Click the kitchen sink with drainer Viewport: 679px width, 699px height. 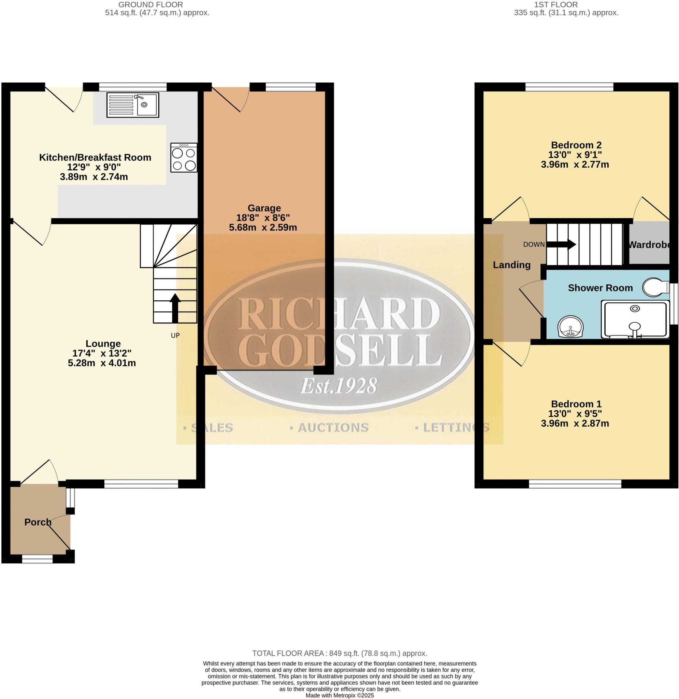coord(132,105)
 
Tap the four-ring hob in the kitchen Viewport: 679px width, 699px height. coord(184,158)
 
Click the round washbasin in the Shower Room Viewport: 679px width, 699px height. coord(570,327)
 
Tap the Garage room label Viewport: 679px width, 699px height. coord(264,208)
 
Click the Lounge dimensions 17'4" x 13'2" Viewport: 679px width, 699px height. coord(102,353)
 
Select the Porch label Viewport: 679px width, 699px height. coord(38,522)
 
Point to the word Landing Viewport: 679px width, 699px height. coord(511,265)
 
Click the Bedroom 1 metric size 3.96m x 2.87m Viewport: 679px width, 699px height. coord(575,423)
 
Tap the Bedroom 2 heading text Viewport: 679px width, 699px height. coord(576,145)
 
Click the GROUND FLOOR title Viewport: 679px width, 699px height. coord(150,5)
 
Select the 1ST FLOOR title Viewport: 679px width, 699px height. coord(566,5)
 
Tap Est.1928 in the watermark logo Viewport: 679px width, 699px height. coord(338,386)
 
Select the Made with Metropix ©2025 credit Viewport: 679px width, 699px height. coord(339,696)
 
